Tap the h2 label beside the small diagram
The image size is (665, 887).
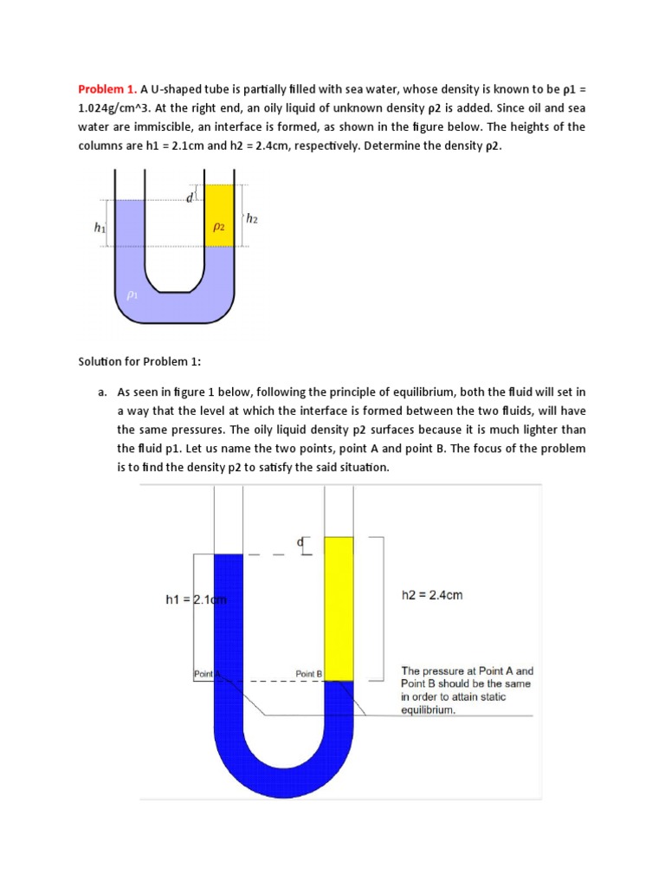tap(252, 219)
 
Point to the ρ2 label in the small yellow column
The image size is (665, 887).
tap(219, 227)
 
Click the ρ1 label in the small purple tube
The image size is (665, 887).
tap(132, 295)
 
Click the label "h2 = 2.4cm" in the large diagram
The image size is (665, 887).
tap(432, 595)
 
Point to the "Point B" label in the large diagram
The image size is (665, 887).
tap(308, 673)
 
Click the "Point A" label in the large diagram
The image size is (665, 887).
tap(207, 673)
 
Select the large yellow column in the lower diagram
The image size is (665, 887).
tap(339, 606)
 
